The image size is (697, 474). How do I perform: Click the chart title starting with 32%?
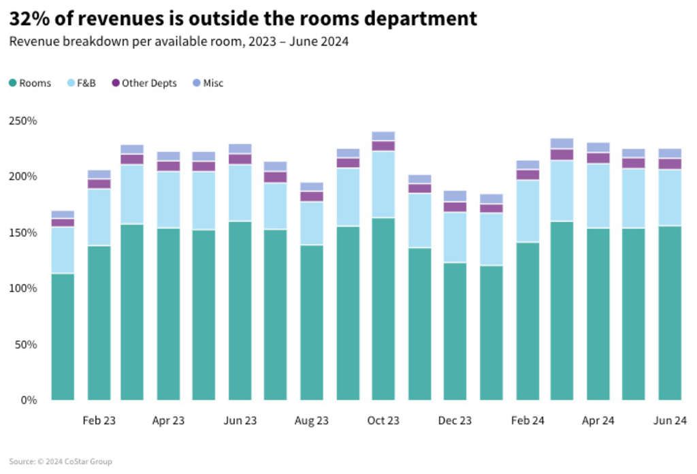pos(243,18)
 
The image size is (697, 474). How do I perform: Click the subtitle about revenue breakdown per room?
pos(178,42)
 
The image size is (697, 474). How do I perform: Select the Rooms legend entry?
pos(30,83)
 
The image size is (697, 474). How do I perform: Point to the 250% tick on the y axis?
pos(22,121)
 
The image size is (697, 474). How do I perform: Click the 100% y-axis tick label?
pos(22,288)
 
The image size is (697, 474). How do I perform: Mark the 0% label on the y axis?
pos(28,400)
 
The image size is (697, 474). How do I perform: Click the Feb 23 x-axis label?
pos(99,420)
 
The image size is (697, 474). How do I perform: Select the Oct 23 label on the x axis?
pos(383,420)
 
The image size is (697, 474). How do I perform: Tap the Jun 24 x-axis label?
pos(670,420)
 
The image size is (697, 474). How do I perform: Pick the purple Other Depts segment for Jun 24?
pos(670,163)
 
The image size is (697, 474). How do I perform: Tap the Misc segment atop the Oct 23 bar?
pos(383,136)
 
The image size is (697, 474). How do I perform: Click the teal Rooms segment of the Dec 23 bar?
pos(455,331)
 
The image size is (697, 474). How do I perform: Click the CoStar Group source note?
pos(61,462)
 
